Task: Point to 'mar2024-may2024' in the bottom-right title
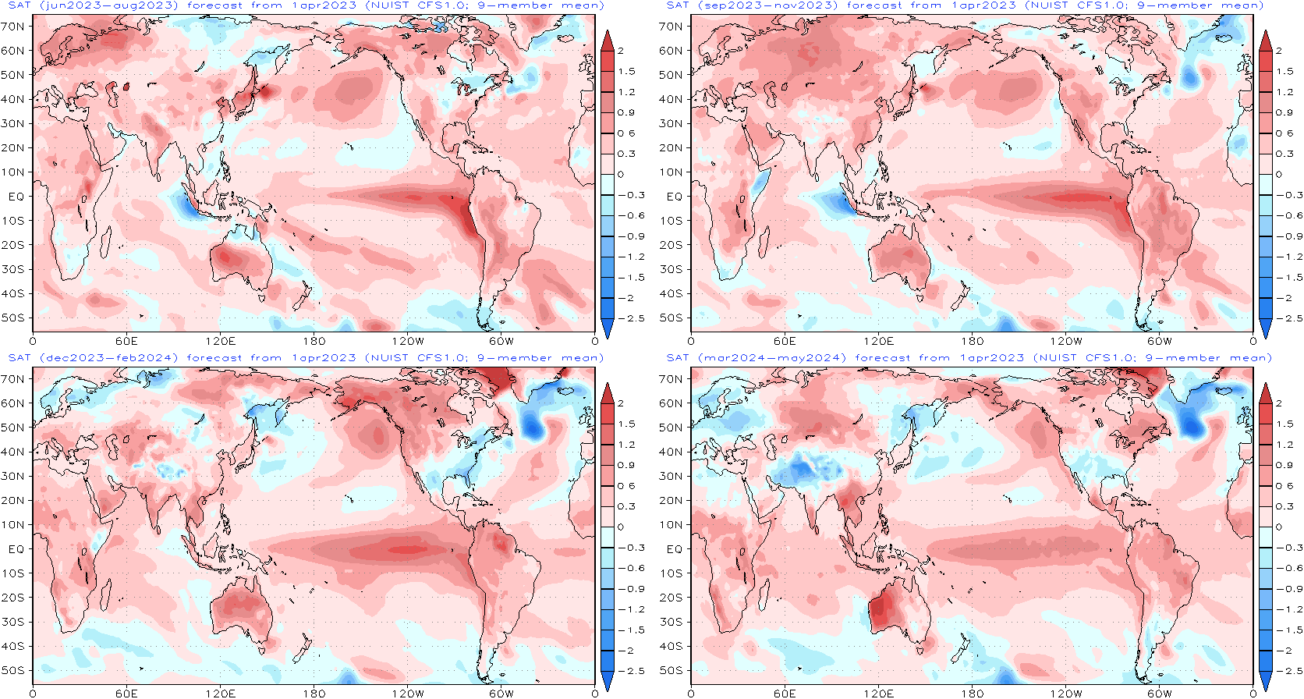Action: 772,358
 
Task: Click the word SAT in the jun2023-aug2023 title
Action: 19,5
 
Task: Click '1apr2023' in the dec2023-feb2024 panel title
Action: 324,358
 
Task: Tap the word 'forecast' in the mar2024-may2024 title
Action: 885,358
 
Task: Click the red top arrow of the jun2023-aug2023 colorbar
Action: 608,41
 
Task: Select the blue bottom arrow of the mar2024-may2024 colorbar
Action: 1266,681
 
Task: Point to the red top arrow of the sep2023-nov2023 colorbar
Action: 1266,41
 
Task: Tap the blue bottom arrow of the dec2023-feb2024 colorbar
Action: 608,681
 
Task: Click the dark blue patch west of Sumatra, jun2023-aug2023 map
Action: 184,205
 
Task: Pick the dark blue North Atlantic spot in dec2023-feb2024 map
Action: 533,426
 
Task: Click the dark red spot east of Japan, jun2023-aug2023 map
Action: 266,92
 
